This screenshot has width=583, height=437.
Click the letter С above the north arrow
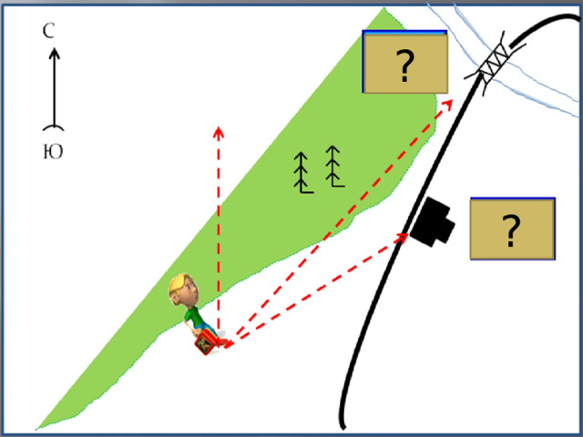click(x=48, y=31)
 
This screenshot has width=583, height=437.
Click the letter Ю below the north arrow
click(x=53, y=152)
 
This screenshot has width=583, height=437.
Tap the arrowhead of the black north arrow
click(x=55, y=54)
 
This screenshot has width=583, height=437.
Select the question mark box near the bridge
click(x=404, y=62)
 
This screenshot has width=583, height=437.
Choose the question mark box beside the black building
click(x=513, y=229)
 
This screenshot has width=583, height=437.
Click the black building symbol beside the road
click(x=433, y=222)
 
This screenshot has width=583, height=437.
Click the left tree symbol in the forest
click(x=302, y=173)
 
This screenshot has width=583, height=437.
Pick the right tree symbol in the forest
click(x=334, y=167)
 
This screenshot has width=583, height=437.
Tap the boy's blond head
click(x=183, y=290)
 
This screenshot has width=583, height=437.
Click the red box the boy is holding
click(x=206, y=342)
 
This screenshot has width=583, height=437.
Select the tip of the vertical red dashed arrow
click(x=219, y=127)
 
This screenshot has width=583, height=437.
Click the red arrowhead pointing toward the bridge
click(x=447, y=104)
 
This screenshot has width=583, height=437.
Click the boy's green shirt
click(x=193, y=316)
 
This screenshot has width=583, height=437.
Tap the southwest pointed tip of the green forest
click(x=36, y=429)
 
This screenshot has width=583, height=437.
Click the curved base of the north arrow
click(x=54, y=127)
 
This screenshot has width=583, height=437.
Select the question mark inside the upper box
click(x=404, y=66)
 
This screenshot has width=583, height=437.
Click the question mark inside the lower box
click(x=511, y=230)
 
